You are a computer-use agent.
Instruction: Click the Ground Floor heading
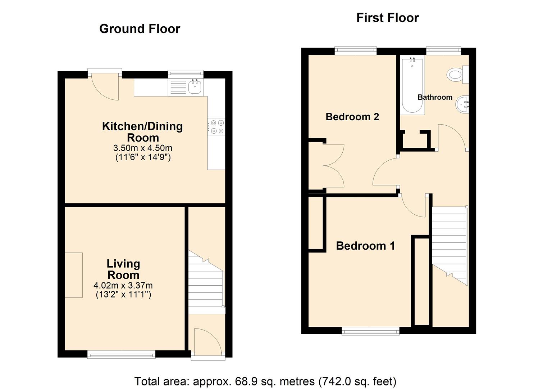click(140, 29)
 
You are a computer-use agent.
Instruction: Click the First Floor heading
click(387, 18)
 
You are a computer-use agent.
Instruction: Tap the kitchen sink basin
click(195, 87)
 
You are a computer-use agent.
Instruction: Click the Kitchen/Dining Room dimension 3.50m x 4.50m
click(143, 148)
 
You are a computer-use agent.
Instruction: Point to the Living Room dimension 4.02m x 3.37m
click(123, 286)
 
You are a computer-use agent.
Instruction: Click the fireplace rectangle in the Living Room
click(74, 275)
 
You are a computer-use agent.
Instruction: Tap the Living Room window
click(122, 355)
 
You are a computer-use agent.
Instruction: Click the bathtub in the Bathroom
click(412, 85)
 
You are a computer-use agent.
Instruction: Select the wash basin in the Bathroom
click(462, 105)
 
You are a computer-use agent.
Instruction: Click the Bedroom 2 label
click(352, 117)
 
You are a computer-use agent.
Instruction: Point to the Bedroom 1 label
click(365, 246)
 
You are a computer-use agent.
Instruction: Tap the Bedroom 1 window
click(370, 331)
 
